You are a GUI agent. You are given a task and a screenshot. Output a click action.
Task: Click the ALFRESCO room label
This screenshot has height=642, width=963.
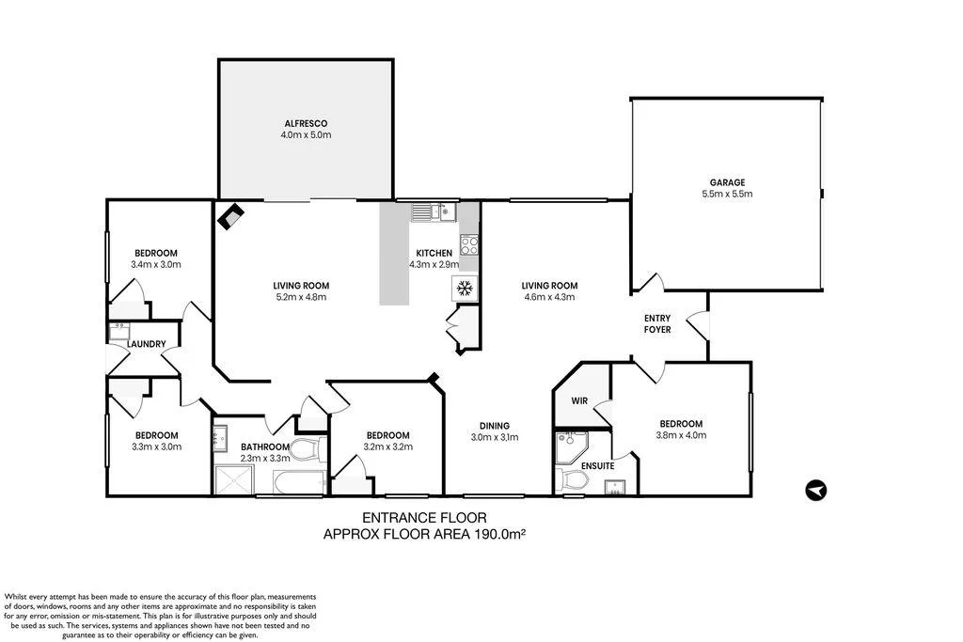click(x=306, y=123)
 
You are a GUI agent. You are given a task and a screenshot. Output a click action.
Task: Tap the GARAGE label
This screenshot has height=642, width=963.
click(x=727, y=182)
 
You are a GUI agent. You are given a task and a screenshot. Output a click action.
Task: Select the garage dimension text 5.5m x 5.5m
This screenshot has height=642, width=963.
click(x=727, y=194)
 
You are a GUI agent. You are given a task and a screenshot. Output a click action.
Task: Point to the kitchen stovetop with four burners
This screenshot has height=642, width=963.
click(x=470, y=245)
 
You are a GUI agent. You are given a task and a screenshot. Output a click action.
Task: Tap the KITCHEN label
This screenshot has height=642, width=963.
click(x=434, y=253)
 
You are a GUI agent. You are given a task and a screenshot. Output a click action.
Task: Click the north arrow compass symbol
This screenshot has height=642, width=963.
click(x=816, y=491)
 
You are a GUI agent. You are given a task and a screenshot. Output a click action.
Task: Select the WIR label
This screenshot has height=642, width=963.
click(x=579, y=400)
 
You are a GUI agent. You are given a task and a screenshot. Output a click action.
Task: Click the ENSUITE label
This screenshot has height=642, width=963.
click(x=597, y=466)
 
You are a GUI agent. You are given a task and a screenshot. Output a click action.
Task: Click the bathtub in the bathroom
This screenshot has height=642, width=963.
click(x=298, y=482)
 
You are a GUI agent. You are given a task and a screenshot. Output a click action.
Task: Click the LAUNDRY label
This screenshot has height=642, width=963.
click(x=146, y=344)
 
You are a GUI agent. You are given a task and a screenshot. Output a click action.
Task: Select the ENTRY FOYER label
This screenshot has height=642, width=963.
click(x=657, y=323)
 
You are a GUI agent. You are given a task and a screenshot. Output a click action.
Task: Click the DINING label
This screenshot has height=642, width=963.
click(x=495, y=426)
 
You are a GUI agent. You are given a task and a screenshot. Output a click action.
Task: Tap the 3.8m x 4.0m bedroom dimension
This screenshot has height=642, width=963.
click(x=681, y=435)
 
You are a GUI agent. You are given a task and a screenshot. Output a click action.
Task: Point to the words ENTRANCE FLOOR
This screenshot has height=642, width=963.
click(x=424, y=518)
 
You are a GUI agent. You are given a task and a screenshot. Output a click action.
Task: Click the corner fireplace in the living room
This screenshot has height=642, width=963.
click(x=231, y=215)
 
